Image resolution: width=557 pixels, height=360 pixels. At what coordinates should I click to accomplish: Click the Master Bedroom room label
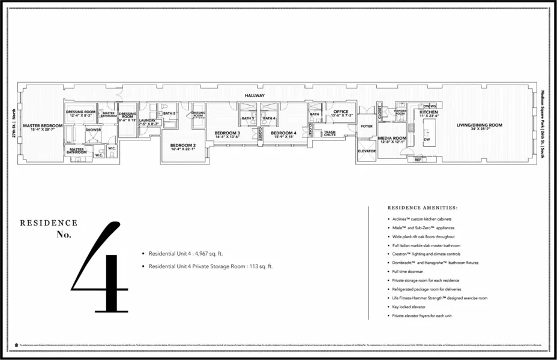(43, 126)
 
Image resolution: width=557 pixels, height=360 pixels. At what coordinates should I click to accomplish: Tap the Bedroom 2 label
(182, 145)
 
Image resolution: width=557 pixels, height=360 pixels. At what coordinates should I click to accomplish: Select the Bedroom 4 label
(283, 133)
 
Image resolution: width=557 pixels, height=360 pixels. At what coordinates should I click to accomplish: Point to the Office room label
(341, 112)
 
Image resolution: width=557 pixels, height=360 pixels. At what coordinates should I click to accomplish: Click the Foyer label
(366, 126)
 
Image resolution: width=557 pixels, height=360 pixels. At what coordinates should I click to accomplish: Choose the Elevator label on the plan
(366, 151)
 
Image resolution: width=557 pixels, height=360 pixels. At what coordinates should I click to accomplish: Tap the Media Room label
(392, 138)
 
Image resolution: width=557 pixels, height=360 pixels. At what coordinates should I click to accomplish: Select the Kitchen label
(429, 112)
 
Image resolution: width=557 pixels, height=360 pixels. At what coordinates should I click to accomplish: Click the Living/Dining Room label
(479, 125)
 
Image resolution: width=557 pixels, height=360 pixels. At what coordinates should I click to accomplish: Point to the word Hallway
(254, 95)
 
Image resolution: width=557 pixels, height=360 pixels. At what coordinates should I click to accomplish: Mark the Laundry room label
(147, 121)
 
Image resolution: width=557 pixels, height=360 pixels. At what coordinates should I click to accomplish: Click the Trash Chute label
(330, 133)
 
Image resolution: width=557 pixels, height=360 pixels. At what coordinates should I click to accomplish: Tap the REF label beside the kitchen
(418, 160)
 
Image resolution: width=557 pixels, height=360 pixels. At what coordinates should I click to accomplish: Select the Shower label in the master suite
(93, 129)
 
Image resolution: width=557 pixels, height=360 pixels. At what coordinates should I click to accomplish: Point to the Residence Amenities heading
(423, 208)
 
